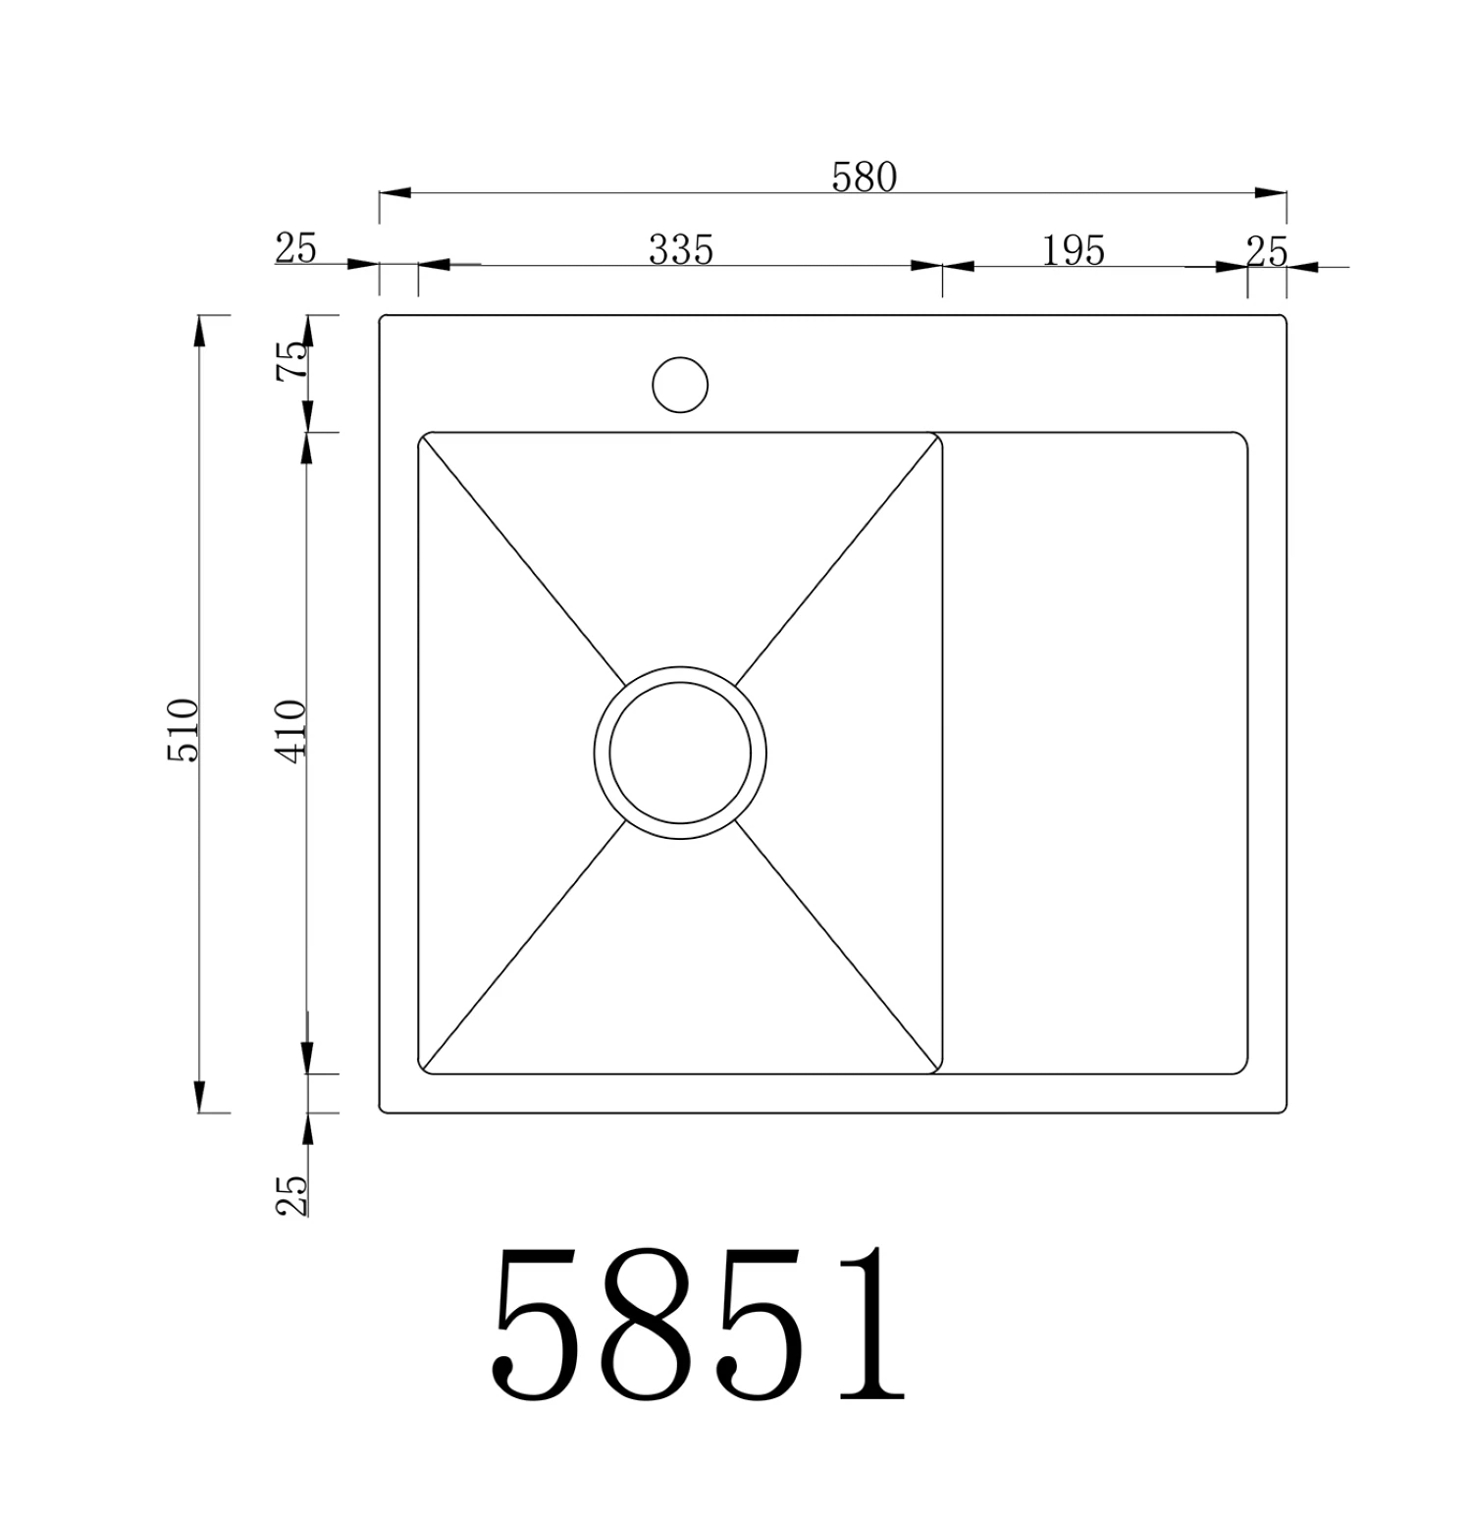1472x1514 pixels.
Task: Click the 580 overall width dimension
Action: tap(864, 177)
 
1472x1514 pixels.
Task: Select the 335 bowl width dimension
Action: tap(680, 249)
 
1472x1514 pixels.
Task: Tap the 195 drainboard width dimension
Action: tap(1073, 250)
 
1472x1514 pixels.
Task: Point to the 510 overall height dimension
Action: tap(184, 730)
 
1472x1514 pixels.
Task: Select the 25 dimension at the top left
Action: tap(295, 248)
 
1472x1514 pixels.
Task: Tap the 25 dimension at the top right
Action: tap(1266, 252)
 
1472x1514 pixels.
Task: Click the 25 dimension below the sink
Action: tap(291, 1194)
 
